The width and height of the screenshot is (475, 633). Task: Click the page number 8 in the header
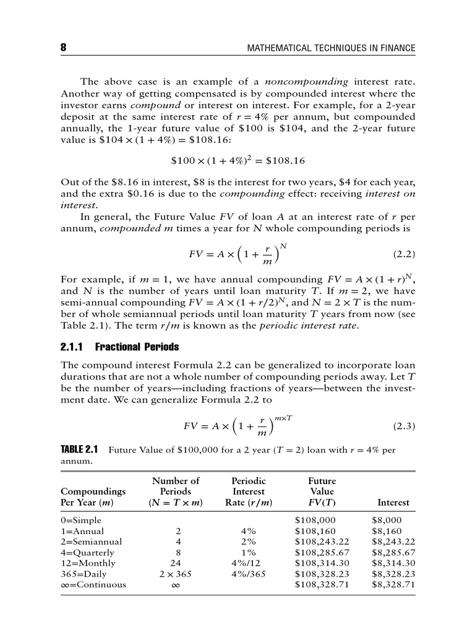pyautogui.click(x=63, y=48)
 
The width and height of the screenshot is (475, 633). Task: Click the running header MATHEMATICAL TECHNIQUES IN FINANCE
pyautogui.click(x=331, y=48)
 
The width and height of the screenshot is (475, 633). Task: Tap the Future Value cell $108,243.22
pyautogui.click(x=322, y=542)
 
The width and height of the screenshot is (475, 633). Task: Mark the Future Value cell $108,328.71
pyautogui.click(x=322, y=584)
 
